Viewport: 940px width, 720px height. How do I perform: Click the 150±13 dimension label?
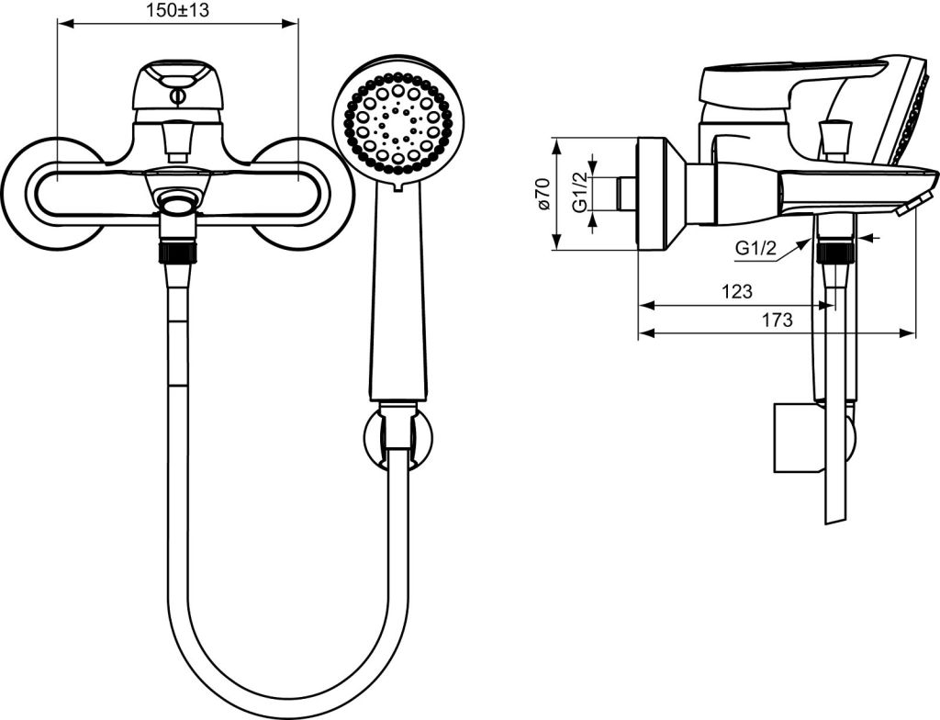tap(177, 10)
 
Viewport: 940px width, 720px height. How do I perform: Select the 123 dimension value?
tap(737, 292)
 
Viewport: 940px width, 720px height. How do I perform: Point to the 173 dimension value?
tap(777, 320)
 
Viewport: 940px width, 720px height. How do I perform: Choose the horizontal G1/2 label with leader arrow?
tap(756, 248)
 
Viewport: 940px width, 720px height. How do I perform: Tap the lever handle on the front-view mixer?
tap(176, 89)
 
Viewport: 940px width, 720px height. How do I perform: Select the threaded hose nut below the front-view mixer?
tap(177, 253)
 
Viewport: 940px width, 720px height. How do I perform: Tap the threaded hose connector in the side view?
tap(835, 252)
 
